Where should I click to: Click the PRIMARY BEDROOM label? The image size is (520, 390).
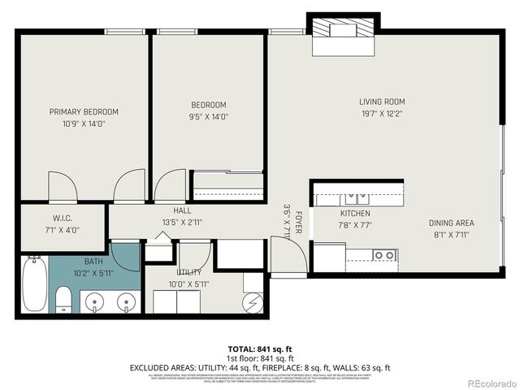coord(84,112)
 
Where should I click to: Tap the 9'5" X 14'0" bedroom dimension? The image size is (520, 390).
coord(209,116)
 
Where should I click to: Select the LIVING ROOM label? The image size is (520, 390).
coord(382,102)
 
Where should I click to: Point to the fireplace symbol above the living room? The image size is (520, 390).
coord(343,32)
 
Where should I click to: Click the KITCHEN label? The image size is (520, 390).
coord(355,214)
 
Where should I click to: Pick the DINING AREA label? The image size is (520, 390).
coord(452,223)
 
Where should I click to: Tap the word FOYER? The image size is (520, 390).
coord(299,223)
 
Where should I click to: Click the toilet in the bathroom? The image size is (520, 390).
coord(63,299)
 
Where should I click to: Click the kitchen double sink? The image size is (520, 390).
coord(354,197)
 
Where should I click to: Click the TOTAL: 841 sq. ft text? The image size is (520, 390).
coord(260,349)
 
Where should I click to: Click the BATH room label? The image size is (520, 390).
coord(93,262)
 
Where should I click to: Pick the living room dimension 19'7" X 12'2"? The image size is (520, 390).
coord(382,114)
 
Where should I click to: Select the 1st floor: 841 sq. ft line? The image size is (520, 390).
coord(260,358)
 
